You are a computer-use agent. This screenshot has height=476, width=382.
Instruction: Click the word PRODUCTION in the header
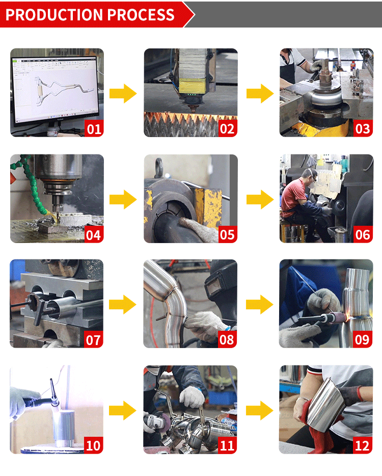[x=54, y=15]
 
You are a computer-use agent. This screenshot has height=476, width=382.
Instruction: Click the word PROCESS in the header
[x=141, y=15]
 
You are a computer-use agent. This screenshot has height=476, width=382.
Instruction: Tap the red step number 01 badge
[x=94, y=128]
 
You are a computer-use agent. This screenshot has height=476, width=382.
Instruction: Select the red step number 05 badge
[x=228, y=234]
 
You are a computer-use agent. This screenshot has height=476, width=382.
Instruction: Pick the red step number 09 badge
[x=363, y=339]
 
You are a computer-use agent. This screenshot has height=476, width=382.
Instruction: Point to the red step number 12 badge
[x=363, y=445]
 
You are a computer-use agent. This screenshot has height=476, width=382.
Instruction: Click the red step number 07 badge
[x=94, y=339]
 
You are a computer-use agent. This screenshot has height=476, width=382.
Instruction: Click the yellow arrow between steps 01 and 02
[x=123, y=93]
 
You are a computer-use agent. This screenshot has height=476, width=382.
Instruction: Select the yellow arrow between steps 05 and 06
[x=260, y=199]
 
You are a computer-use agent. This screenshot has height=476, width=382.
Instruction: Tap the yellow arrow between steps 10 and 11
[x=123, y=410]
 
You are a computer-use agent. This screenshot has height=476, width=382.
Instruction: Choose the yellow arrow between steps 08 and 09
[x=260, y=304]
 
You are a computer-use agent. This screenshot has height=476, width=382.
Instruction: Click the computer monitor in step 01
[x=55, y=90]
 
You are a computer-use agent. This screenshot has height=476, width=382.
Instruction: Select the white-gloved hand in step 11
[x=193, y=397]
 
